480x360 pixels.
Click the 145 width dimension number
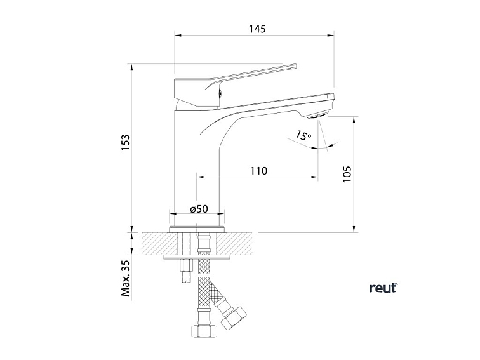click(257, 29)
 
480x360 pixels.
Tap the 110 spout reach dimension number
click(258, 171)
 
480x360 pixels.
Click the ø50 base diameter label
click(199, 208)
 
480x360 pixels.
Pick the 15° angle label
click(303, 135)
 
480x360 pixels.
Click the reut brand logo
click(383, 288)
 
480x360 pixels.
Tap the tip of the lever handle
click(293, 65)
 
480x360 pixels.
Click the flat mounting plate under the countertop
click(197, 257)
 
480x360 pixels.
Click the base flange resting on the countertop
click(197, 227)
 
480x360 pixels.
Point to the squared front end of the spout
click(331, 97)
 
